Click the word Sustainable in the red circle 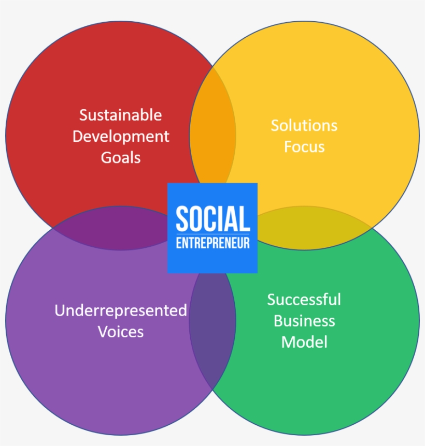(x=120, y=115)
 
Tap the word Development (x=121, y=137)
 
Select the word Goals (x=121, y=158)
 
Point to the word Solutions (x=304, y=125)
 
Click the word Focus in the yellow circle (x=304, y=147)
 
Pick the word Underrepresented (x=121, y=310)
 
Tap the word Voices (x=121, y=332)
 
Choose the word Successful (x=304, y=300)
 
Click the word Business (x=304, y=321)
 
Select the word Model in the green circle (x=304, y=342)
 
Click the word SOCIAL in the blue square (x=212, y=218)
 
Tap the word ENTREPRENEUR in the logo (x=212, y=243)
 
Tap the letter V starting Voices (x=103, y=332)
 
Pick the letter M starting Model (x=288, y=342)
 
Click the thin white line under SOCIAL (x=212, y=234)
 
